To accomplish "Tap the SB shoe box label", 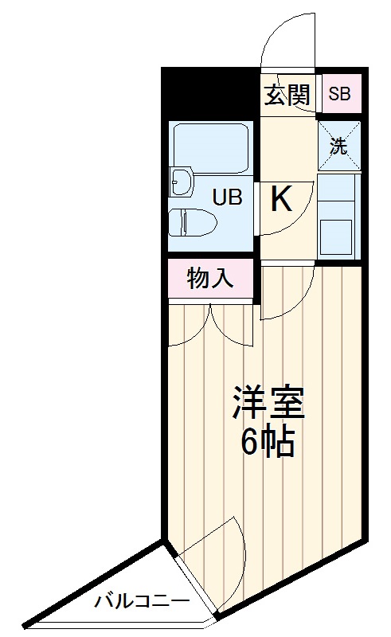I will pyautogui.click(x=339, y=94).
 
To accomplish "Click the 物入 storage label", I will pyautogui.click(x=210, y=279).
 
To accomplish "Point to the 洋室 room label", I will pyautogui.click(x=268, y=404).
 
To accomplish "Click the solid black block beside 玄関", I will pyautogui.click(x=211, y=92).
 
